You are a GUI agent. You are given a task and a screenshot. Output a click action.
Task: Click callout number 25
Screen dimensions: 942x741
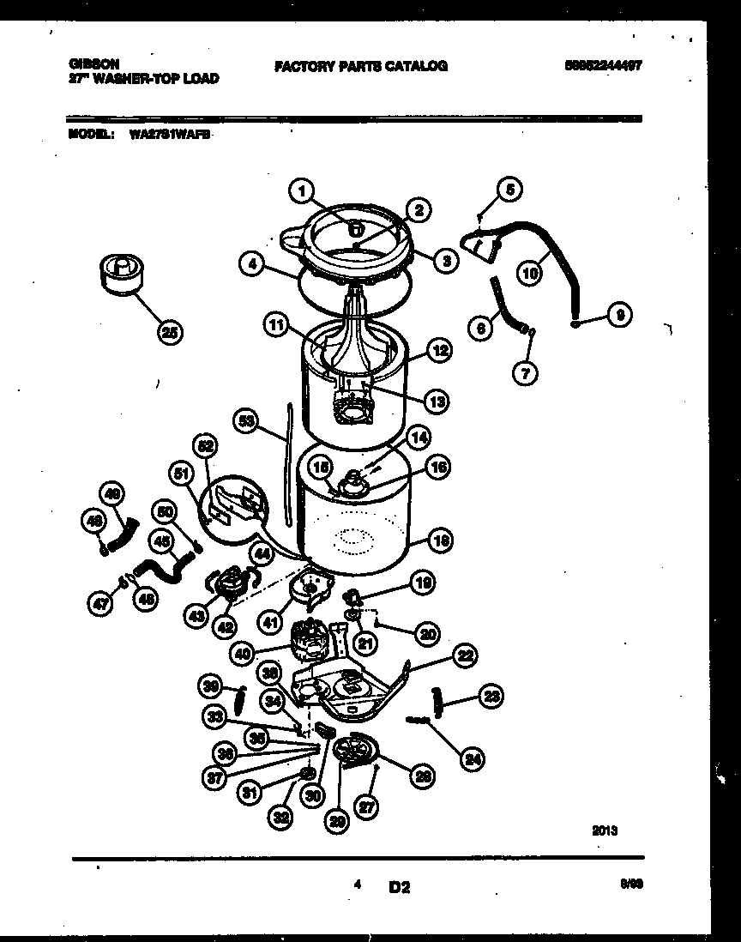click(x=171, y=333)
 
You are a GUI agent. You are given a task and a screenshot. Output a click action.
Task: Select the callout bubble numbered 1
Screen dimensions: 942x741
click(x=301, y=193)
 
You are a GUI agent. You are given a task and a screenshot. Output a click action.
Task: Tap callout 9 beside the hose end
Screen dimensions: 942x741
click(x=618, y=316)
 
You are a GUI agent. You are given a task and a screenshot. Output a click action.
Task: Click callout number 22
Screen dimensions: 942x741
click(x=464, y=656)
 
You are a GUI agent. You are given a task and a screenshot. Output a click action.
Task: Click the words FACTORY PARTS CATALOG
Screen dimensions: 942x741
click(x=360, y=66)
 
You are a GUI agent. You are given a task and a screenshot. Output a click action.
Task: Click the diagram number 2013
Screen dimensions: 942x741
click(x=604, y=830)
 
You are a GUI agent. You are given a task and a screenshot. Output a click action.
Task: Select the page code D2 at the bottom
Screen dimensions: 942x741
click(x=399, y=887)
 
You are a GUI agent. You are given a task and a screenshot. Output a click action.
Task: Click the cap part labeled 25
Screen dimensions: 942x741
click(x=119, y=272)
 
